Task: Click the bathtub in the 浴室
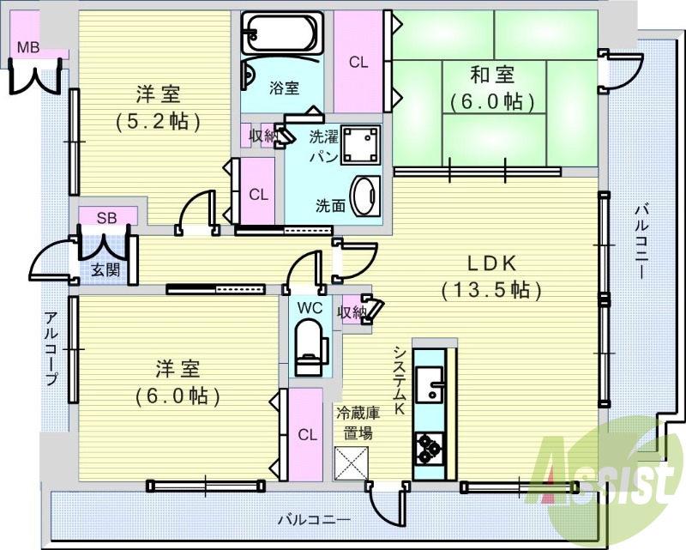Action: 283,32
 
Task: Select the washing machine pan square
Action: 360,144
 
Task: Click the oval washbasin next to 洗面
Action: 366,196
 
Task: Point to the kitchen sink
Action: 430,384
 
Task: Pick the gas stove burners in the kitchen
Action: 429,449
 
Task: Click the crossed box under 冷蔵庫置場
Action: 352,463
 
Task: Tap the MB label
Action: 28,47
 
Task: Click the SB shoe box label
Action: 106,218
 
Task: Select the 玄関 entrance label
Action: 105,270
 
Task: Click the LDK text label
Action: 491,264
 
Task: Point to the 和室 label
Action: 492,75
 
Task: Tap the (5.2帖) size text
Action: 158,121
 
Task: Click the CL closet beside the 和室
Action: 358,62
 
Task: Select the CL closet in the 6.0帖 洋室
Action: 307,434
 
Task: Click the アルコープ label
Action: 51,348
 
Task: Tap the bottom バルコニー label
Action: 315,520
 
